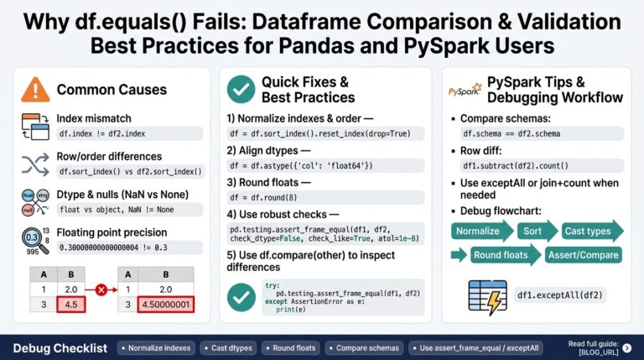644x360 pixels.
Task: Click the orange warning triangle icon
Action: [35, 89]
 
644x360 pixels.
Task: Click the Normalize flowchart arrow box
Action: [480, 231]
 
